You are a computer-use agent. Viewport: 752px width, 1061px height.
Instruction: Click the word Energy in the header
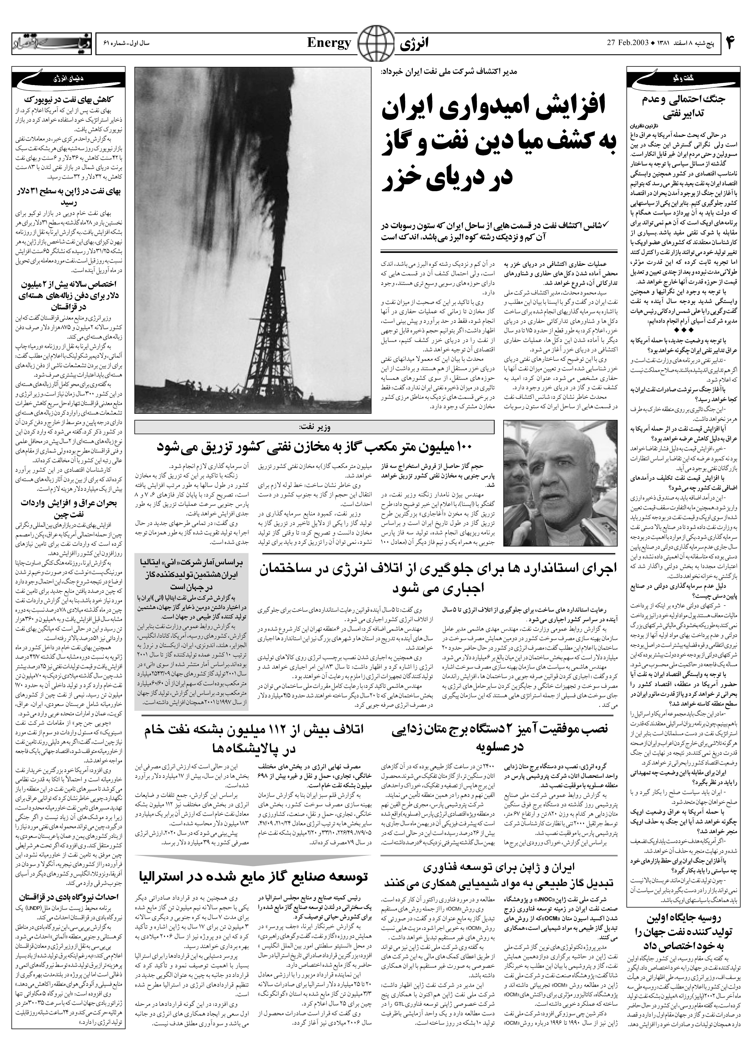pos(329,44)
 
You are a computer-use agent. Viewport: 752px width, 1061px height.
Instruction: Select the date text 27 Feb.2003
pos(626,44)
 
